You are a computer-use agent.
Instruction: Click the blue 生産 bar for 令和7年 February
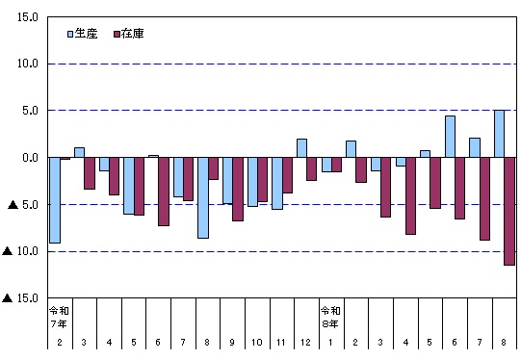(55, 200)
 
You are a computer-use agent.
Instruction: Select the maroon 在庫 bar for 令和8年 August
(509, 211)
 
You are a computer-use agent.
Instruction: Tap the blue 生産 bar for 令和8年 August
(499, 134)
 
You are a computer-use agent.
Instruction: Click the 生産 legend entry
(83, 34)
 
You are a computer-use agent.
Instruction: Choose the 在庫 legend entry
(129, 34)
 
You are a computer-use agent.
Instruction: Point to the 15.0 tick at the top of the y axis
(28, 17)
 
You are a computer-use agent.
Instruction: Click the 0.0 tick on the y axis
(30, 158)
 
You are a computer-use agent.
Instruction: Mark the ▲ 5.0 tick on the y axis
(23, 205)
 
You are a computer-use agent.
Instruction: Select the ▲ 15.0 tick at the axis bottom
(20, 298)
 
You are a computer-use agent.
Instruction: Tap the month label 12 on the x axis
(305, 342)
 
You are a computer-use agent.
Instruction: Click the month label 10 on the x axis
(256, 342)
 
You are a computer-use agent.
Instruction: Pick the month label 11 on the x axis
(281, 342)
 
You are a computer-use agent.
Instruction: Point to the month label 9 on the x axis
(232, 342)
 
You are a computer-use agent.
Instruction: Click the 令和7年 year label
(59, 317)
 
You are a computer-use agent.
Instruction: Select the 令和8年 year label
(330, 317)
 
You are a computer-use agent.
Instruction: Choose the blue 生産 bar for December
(301, 148)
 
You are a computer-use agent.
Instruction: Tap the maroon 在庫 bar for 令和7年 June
(164, 192)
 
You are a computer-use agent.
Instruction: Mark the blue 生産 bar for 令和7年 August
(203, 197)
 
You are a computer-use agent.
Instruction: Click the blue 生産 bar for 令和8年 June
(450, 137)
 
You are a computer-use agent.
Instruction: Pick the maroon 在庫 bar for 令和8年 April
(410, 196)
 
